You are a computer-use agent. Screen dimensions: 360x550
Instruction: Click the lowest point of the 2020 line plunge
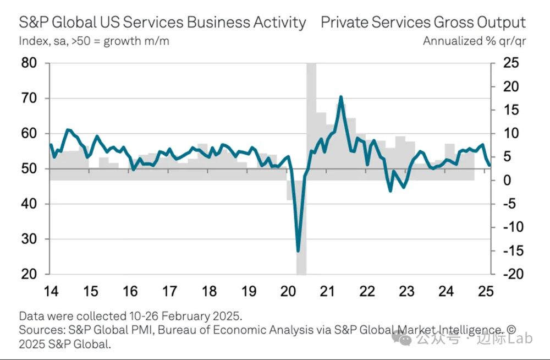pos(299,251)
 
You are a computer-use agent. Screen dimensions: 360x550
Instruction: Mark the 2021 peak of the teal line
pos(341,97)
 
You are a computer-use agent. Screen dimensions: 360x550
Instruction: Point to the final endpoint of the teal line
pos(490,165)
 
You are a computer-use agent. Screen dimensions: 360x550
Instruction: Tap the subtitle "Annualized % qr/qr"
pos(474,41)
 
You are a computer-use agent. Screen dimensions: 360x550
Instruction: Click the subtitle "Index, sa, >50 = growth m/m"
pos(94,41)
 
